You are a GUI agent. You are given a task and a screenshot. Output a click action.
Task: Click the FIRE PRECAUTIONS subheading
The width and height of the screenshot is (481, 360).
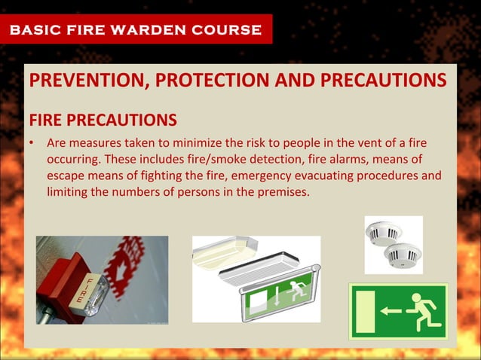103,121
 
